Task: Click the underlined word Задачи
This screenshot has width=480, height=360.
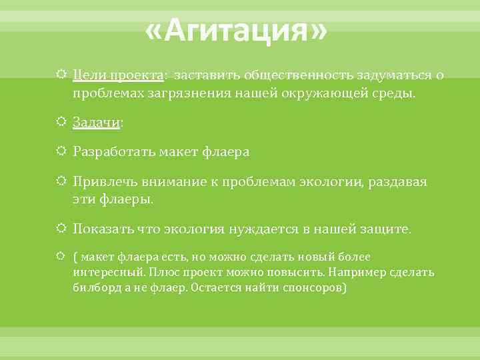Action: tap(96, 123)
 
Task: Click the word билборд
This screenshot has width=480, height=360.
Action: tap(94, 288)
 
